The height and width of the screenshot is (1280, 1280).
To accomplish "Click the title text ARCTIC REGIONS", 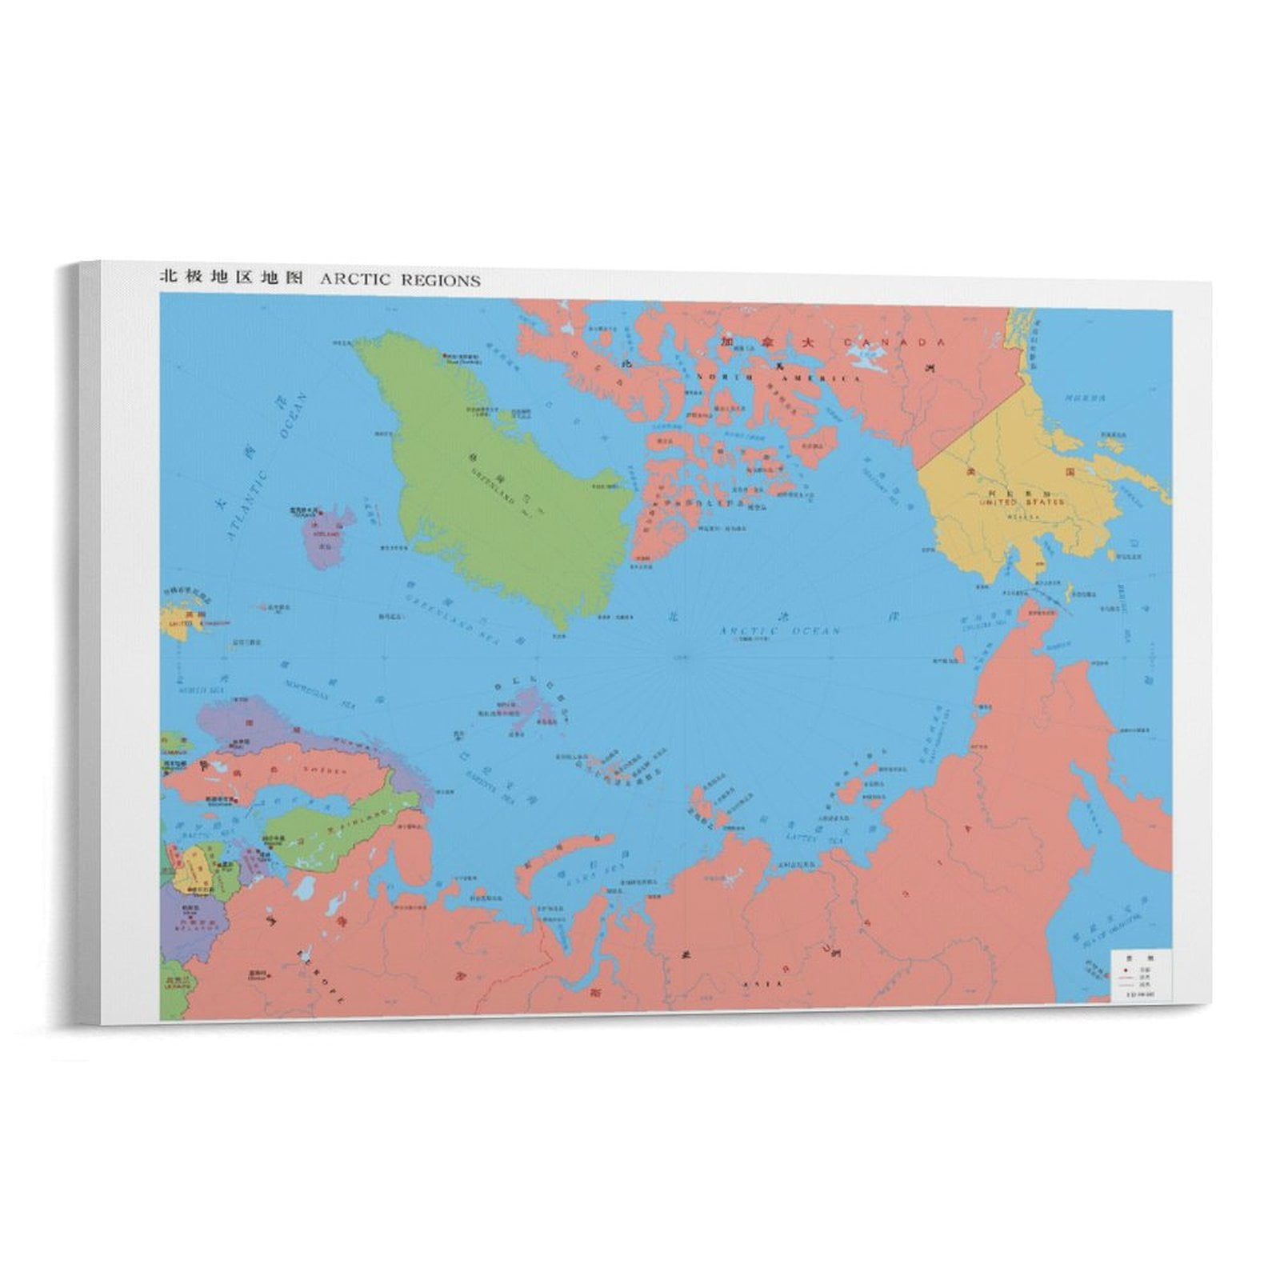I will [400, 279].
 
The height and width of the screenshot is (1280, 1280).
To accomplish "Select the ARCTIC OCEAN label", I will [779, 631].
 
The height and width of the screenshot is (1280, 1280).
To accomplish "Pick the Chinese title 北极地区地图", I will [232, 278].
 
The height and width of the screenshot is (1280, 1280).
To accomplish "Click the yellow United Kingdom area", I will [174, 620].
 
